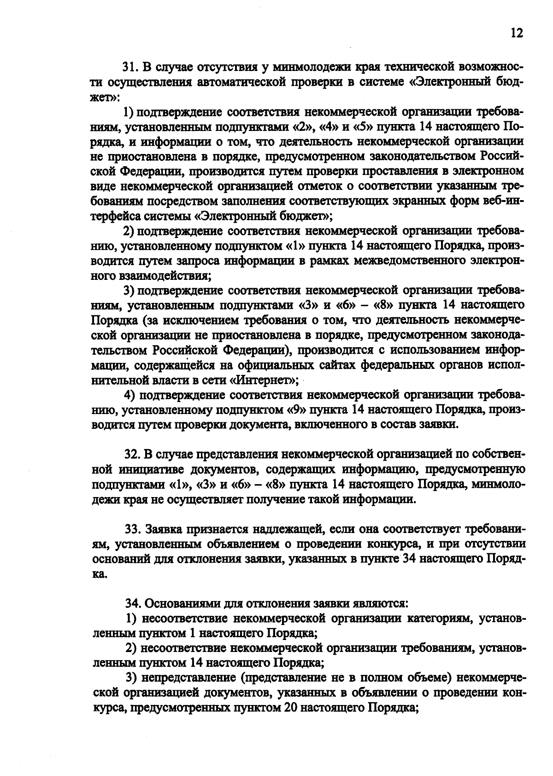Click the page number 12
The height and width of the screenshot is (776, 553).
[517, 33]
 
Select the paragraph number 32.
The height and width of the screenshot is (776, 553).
[132, 455]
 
